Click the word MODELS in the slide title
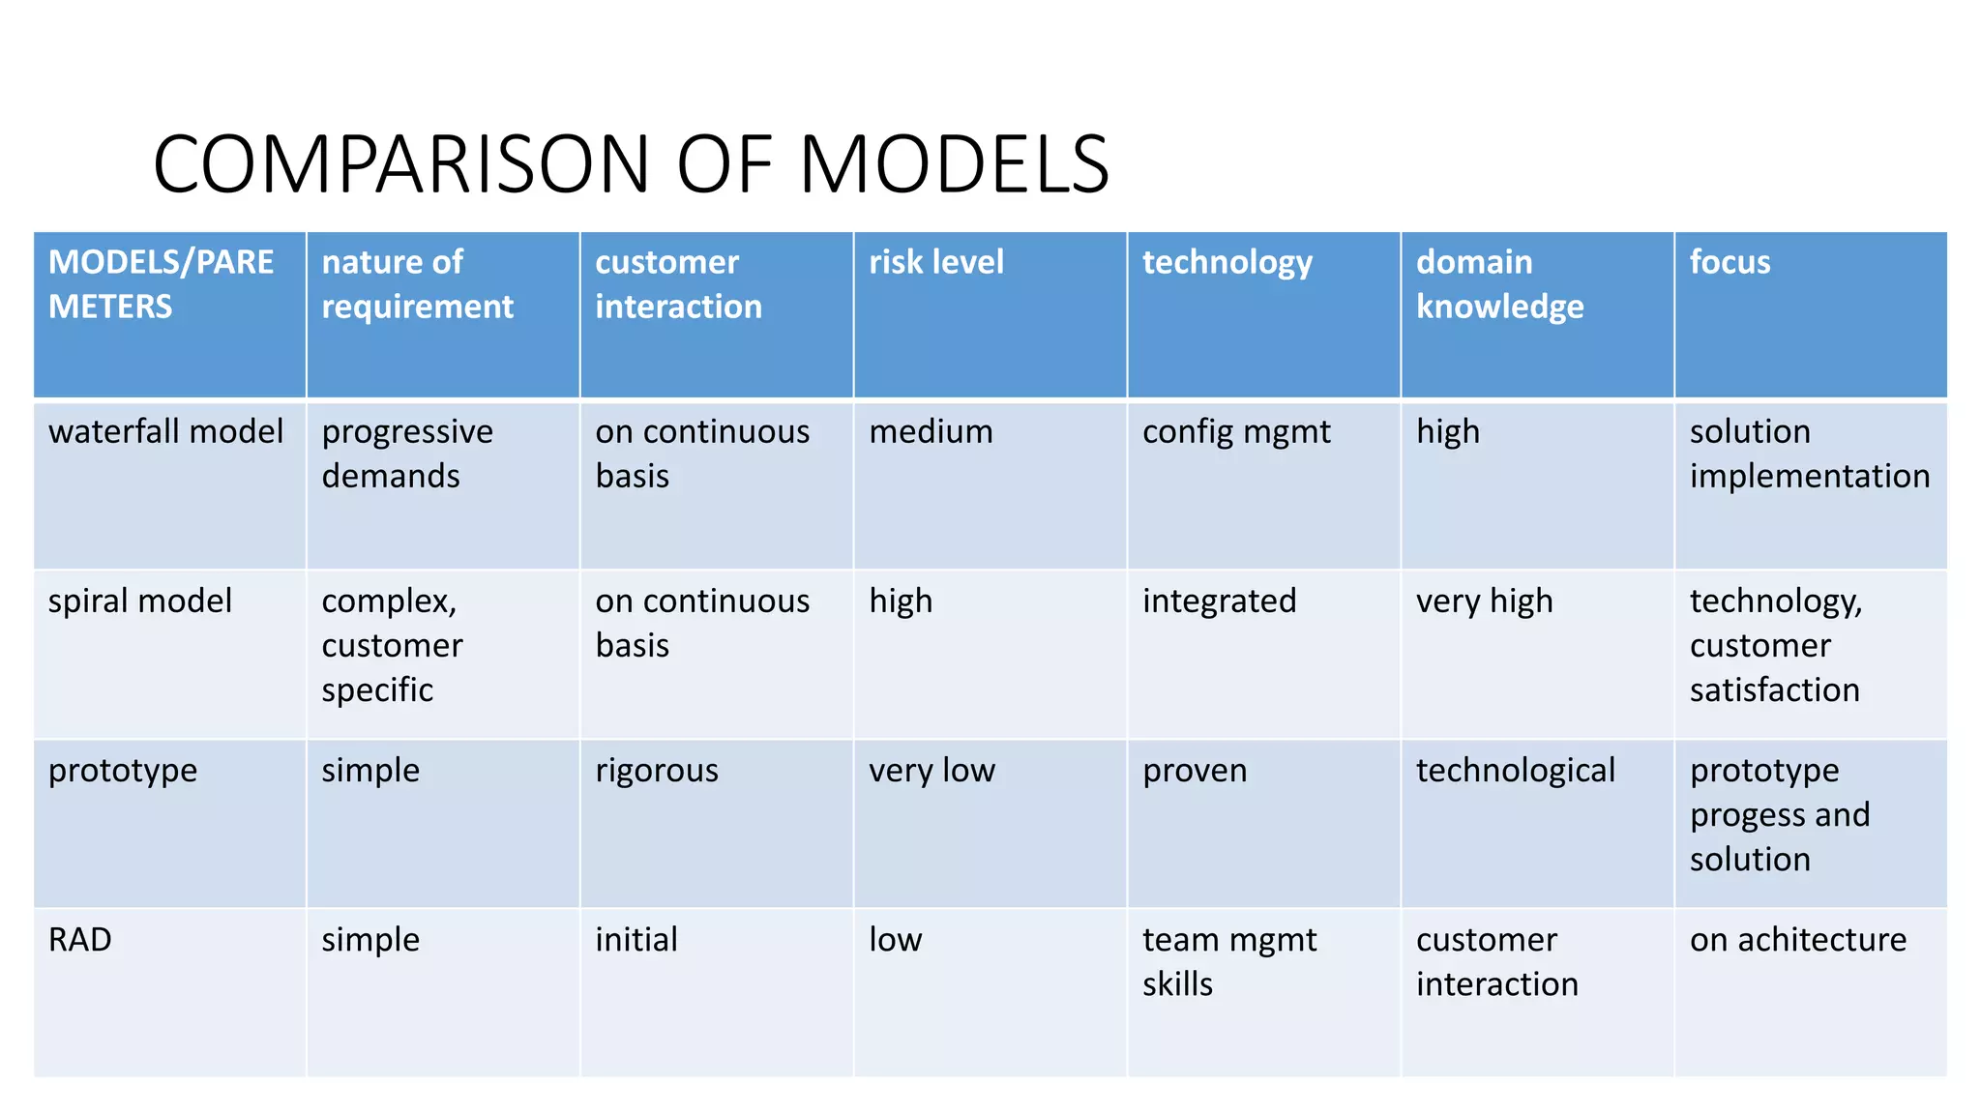(x=954, y=164)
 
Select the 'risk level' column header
(x=936, y=262)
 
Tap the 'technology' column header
(x=1227, y=262)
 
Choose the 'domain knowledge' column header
(x=1499, y=284)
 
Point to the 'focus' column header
(x=1730, y=262)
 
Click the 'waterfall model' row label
(x=166, y=431)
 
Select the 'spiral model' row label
(x=140, y=601)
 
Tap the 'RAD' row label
(x=80, y=939)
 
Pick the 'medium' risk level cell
(x=931, y=431)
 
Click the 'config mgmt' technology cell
(x=1236, y=431)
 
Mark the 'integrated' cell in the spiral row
(x=1219, y=601)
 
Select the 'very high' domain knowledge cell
(x=1484, y=601)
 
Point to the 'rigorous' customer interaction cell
(x=657, y=770)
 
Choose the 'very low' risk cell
(x=931, y=770)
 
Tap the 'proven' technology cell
(x=1195, y=770)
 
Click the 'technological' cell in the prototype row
(x=1516, y=770)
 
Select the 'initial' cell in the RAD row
(x=636, y=939)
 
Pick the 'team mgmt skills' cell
(x=1229, y=961)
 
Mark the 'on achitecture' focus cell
(x=1798, y=939)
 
